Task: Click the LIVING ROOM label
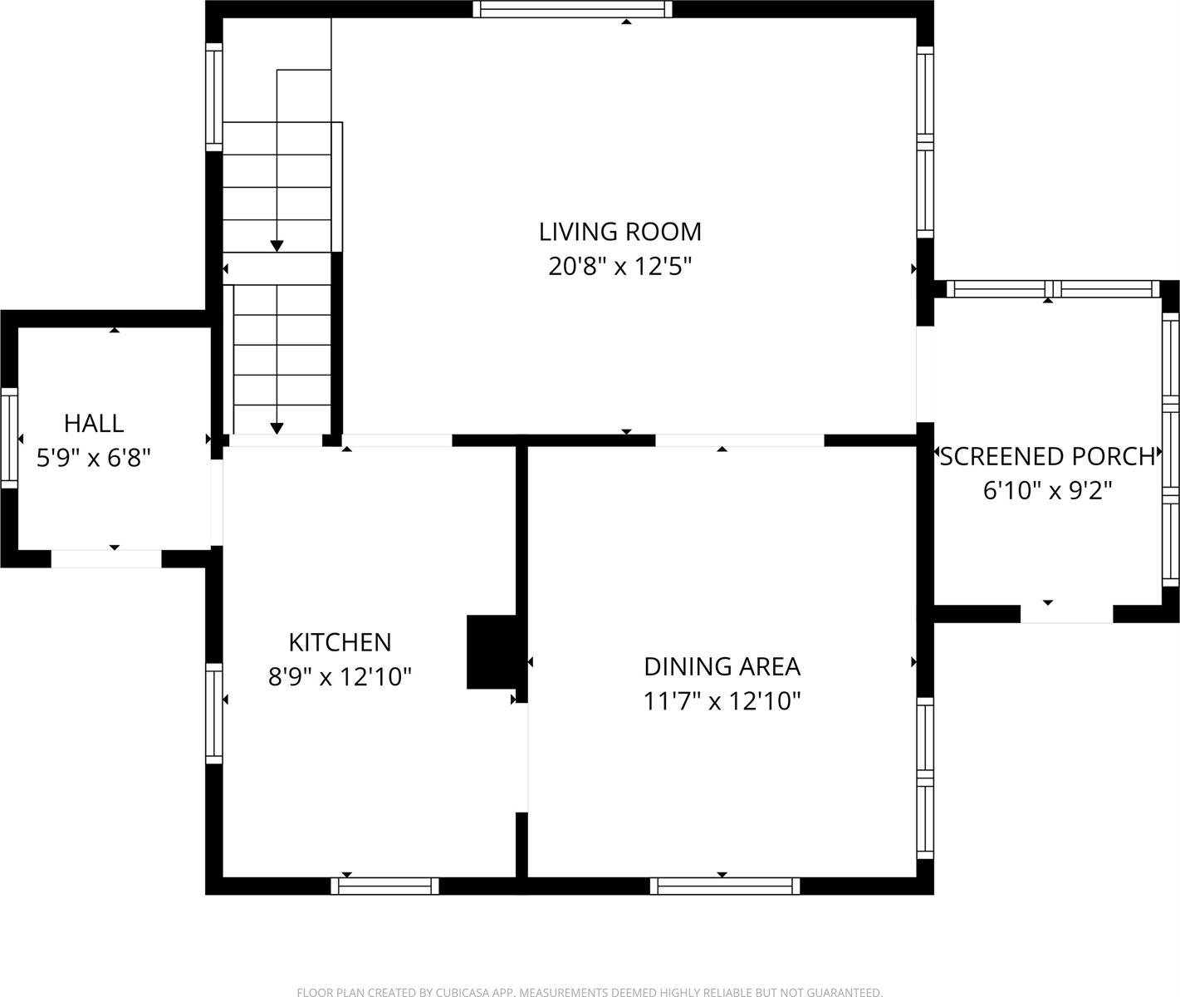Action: point(619,231)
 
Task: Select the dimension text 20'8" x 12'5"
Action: point(619,267)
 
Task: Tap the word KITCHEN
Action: point(340,642)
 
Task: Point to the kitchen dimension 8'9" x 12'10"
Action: point(340,677)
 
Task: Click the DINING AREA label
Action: point(722,666)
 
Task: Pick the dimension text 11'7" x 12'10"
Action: point(722,702)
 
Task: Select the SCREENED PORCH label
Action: point(1047,456)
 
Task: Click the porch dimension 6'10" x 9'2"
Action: point(1047,491)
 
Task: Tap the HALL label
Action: point(94,423)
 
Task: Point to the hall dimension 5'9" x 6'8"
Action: point(94,458)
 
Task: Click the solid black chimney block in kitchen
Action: point(492,652)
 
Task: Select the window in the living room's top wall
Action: point(572,9)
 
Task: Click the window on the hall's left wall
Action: point(8,438)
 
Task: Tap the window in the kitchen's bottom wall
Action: point(384,886)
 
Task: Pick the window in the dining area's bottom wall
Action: point(724,886)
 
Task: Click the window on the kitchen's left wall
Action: point(214,714)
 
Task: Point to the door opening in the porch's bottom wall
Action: point(1066,614)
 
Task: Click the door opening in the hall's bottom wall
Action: point(106,559)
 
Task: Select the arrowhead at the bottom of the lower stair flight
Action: point(277,428)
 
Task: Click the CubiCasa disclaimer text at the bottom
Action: point(590,991)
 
